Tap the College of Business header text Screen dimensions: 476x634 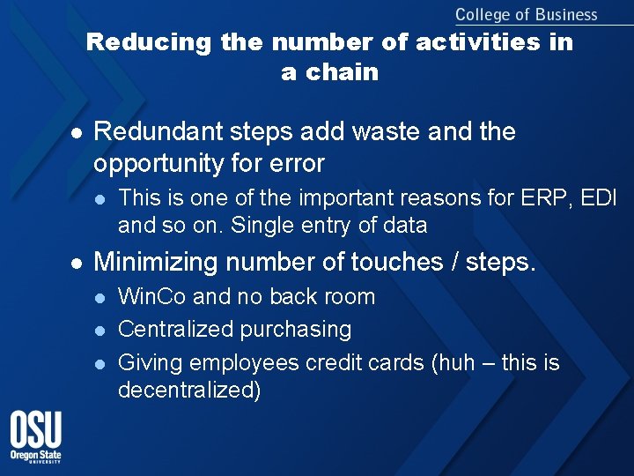click(x=526, y=14)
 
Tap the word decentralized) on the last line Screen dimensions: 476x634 click(x=189, y=390)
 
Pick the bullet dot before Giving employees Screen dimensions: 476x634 click(x=100, y=363)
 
